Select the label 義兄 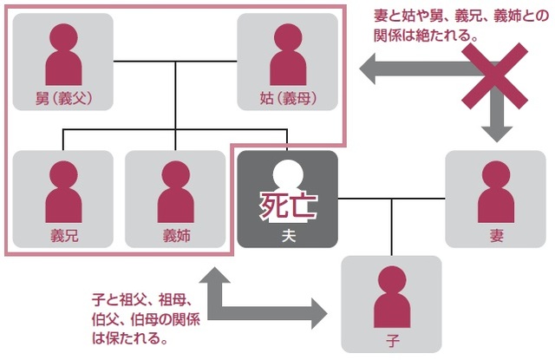[x=62, y=235]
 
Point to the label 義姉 [x=174, y=235]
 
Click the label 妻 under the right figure [x=495, y=235]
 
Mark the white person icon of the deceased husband [x=288, y=187]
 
